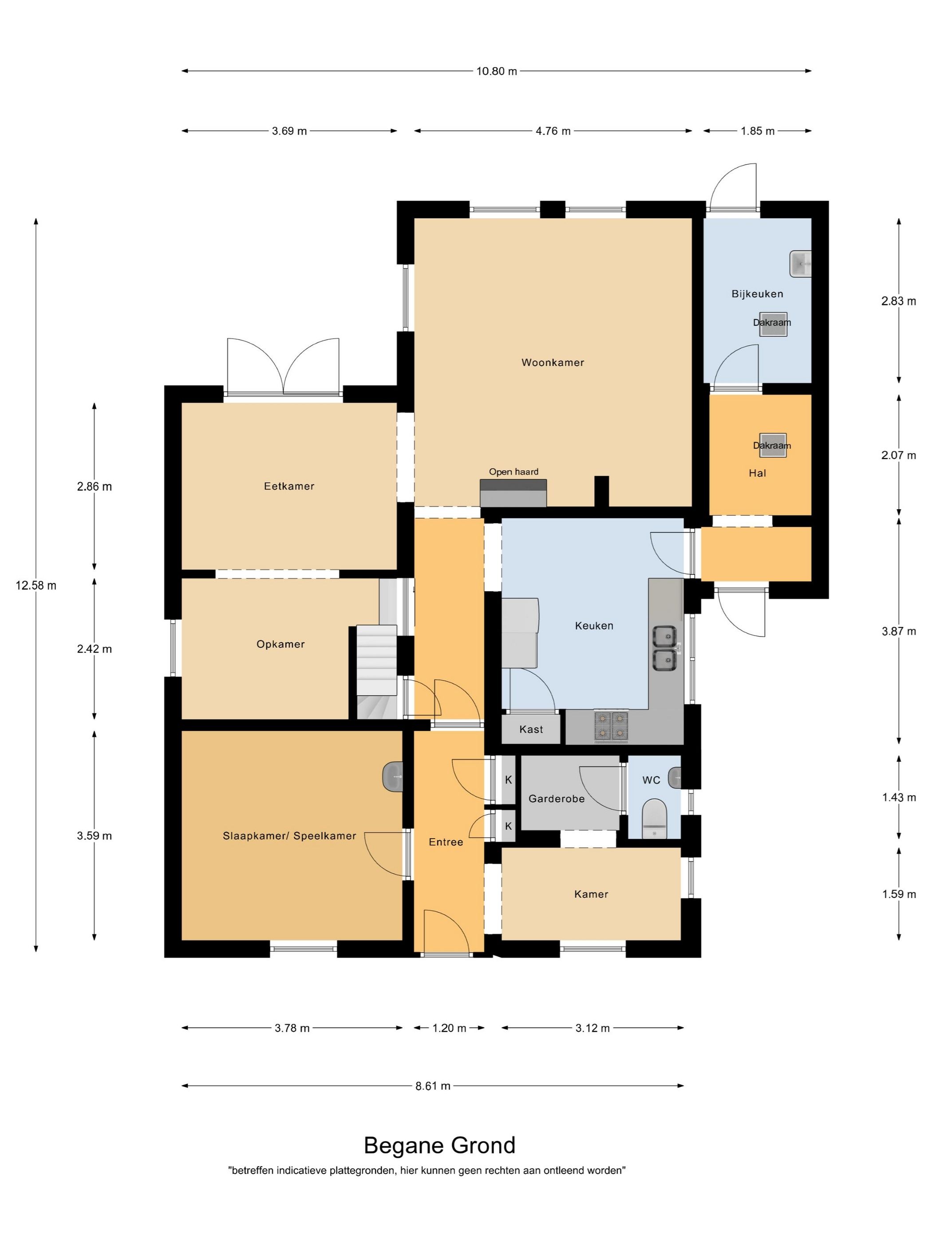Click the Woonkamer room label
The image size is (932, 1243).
point(552,362)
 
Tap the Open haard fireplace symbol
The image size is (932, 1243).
point(513,493)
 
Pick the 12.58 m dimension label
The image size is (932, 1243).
point(36,586)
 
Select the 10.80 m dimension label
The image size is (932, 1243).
point(497,71)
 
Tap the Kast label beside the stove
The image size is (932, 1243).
point(531,729)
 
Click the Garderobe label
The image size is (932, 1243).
point(556,799)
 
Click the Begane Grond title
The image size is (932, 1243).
point(439,1145)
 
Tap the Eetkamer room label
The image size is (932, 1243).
point(289,486)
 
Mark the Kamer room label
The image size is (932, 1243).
point(591,894)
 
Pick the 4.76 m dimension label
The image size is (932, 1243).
point(553,131)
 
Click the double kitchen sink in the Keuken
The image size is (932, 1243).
point(664,648)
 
